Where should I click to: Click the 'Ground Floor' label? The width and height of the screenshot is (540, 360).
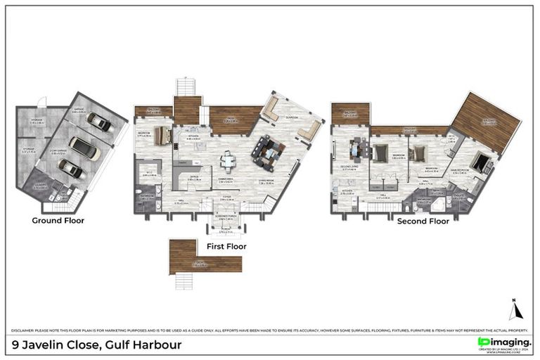coord(58,220)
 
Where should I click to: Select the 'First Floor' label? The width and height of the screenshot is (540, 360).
coord(225,247)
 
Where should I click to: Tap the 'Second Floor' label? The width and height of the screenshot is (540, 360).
coord(423,221)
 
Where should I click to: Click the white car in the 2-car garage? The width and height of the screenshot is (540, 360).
coord(84,148)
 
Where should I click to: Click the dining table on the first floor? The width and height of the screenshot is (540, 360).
coord(229,161)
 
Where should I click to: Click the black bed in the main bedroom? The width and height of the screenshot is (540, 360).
coord(480,163)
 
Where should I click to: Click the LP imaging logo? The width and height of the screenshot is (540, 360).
coord(503,342)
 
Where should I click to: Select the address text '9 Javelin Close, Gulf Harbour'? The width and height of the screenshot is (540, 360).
coord(97,345)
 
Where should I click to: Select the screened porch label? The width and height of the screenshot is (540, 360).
coord(224,219)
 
